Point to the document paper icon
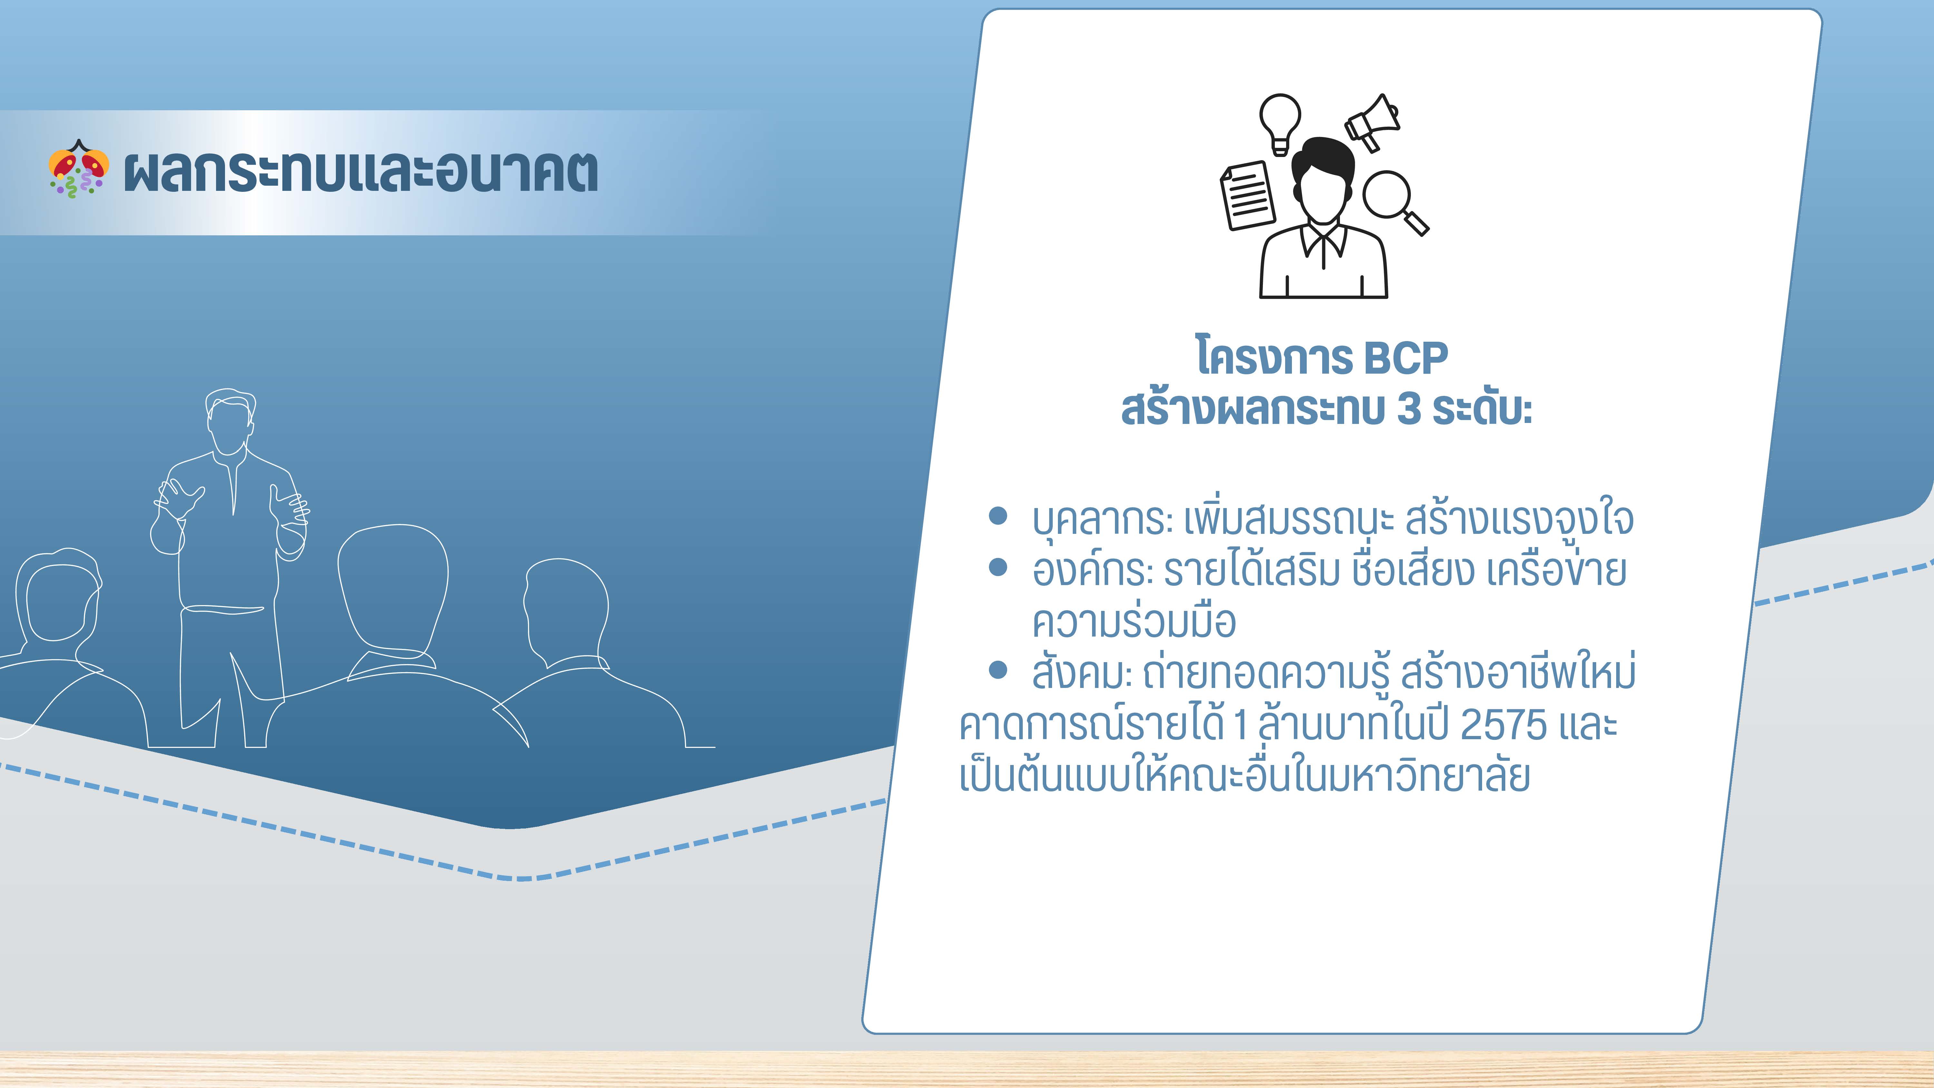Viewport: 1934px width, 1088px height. click(x=1247, y=196)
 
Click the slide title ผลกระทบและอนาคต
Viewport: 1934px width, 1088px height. click(x=360, y=172)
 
